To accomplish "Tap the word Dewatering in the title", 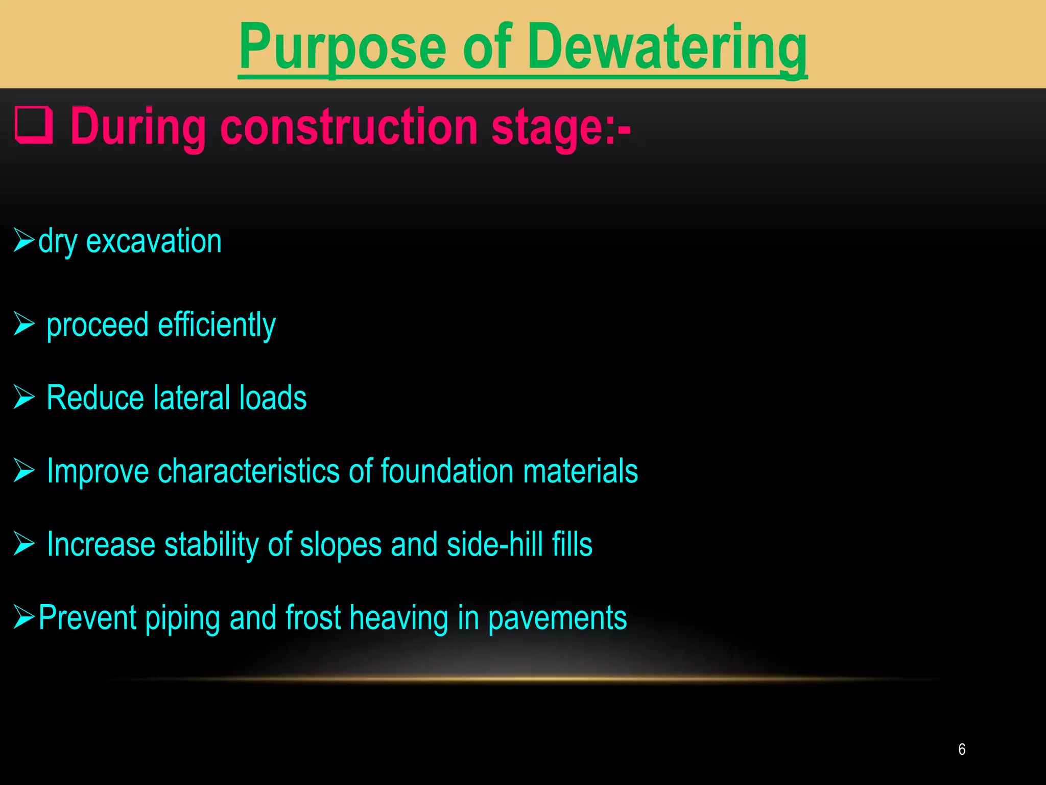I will click(x=667, y=49).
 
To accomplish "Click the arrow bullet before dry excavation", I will click(x=24, y=240).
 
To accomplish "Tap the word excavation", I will click(x=154, y=241).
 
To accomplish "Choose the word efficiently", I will click(x=217, y=325).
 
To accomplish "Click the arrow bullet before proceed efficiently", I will click(x=24, y=324).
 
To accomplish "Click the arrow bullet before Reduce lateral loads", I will click(x=24, y=397).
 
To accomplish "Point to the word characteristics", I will click(x=249, y=471).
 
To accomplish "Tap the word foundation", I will click(x=447, y=471).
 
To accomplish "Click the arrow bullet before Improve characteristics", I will click(x=24, y=470).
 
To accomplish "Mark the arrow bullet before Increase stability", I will click(x=24, y=543).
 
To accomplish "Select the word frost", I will click(x=313, y=617).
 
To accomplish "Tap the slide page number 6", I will click(x=962, y=749).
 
